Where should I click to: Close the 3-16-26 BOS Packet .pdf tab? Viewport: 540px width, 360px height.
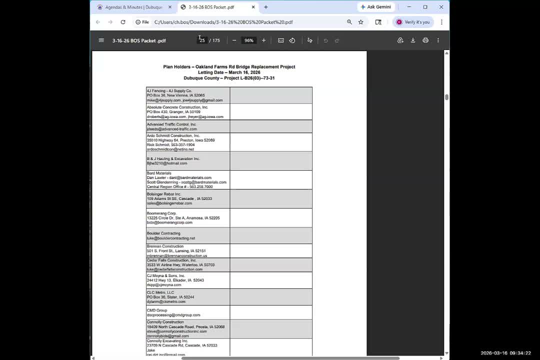tap(253, 7)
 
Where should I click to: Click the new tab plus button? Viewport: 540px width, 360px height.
tap(266, 7)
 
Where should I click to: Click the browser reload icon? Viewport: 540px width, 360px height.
tap(123, 22)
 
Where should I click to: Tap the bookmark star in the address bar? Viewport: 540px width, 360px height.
tap(360, 22)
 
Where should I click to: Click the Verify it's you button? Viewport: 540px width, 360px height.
tap(413, 22)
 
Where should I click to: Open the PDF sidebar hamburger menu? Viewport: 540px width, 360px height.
tap(101, 40)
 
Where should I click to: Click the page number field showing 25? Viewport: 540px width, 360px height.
tap(202, 40)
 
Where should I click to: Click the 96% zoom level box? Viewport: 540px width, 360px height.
tap(248, 40)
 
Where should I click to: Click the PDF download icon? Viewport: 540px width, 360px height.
tap(413, 40)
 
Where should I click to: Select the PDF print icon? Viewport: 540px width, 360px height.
tap(425, 40)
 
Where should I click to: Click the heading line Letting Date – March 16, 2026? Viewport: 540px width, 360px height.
tap(229, 72)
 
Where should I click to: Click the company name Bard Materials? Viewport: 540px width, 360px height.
tap(159, 173)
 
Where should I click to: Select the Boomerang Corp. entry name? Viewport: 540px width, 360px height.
tap(161, 213)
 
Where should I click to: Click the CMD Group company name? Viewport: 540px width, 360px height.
tap(157, 310)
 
